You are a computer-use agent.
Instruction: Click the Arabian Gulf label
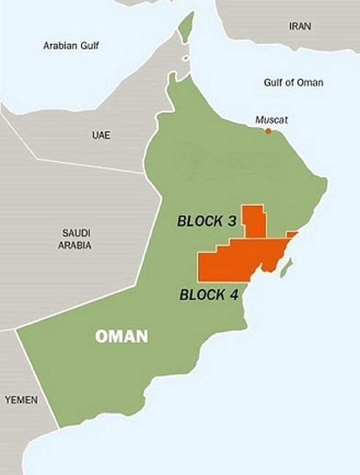point(71,45)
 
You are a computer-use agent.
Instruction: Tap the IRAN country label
point(299,26)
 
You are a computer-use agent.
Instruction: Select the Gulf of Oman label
point(293,82)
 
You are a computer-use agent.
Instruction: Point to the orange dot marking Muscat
point(268,131)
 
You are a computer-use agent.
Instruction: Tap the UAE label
point(102,135)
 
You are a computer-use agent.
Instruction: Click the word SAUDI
point(75,233)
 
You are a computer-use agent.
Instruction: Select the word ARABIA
point(75,246)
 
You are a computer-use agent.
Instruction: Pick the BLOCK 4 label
point(207,295)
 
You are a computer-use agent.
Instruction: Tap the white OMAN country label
point(122,337)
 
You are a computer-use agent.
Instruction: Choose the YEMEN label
point(21,400)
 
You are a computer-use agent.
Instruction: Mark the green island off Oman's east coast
point(287,267)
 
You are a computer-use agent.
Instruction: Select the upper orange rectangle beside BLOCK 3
point(254,221)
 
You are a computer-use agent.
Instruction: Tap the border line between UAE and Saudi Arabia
point(88,166)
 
